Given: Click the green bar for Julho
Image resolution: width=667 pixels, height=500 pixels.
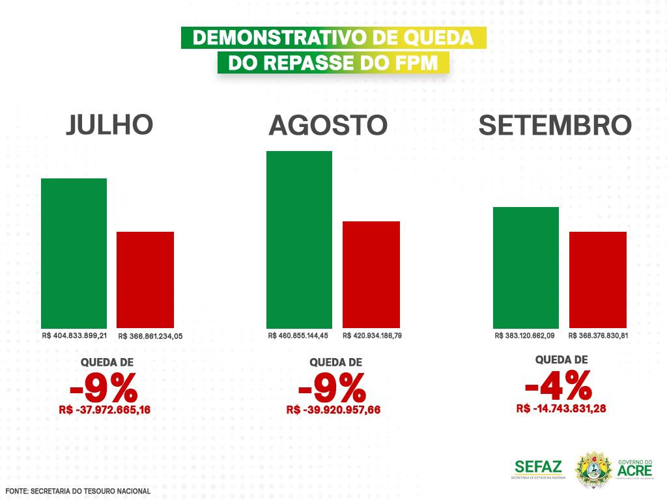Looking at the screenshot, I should pos(74,253).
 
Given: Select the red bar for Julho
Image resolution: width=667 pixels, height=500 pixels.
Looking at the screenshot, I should pos(145,279).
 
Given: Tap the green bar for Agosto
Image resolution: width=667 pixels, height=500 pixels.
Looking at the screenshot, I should pos(299,239).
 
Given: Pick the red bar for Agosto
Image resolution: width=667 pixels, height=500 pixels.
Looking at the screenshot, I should pos(371,274).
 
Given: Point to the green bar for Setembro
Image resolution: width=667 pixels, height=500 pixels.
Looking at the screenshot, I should pos(526,267).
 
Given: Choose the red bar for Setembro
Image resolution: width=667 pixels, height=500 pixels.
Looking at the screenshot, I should pos(598,279).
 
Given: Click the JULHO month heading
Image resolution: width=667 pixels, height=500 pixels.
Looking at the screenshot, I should pos(109,125).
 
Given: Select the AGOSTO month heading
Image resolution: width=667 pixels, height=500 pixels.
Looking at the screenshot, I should pos(328,125).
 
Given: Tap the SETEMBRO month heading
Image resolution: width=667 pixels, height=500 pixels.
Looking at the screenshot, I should pos(555,125).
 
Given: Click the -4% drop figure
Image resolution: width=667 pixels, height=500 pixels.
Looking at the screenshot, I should pos(558,386).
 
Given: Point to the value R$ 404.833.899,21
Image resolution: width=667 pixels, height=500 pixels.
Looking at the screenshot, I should pos(74,336).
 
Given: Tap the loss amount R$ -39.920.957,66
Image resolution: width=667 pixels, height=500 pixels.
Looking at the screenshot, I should pos(333,410).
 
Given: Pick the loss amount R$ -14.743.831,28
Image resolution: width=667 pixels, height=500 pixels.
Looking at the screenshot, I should pos(561,408).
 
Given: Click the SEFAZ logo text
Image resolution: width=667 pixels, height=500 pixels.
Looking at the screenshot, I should pos(538,466).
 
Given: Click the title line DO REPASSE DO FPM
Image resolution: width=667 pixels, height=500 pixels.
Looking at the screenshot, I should pos(333,63).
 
